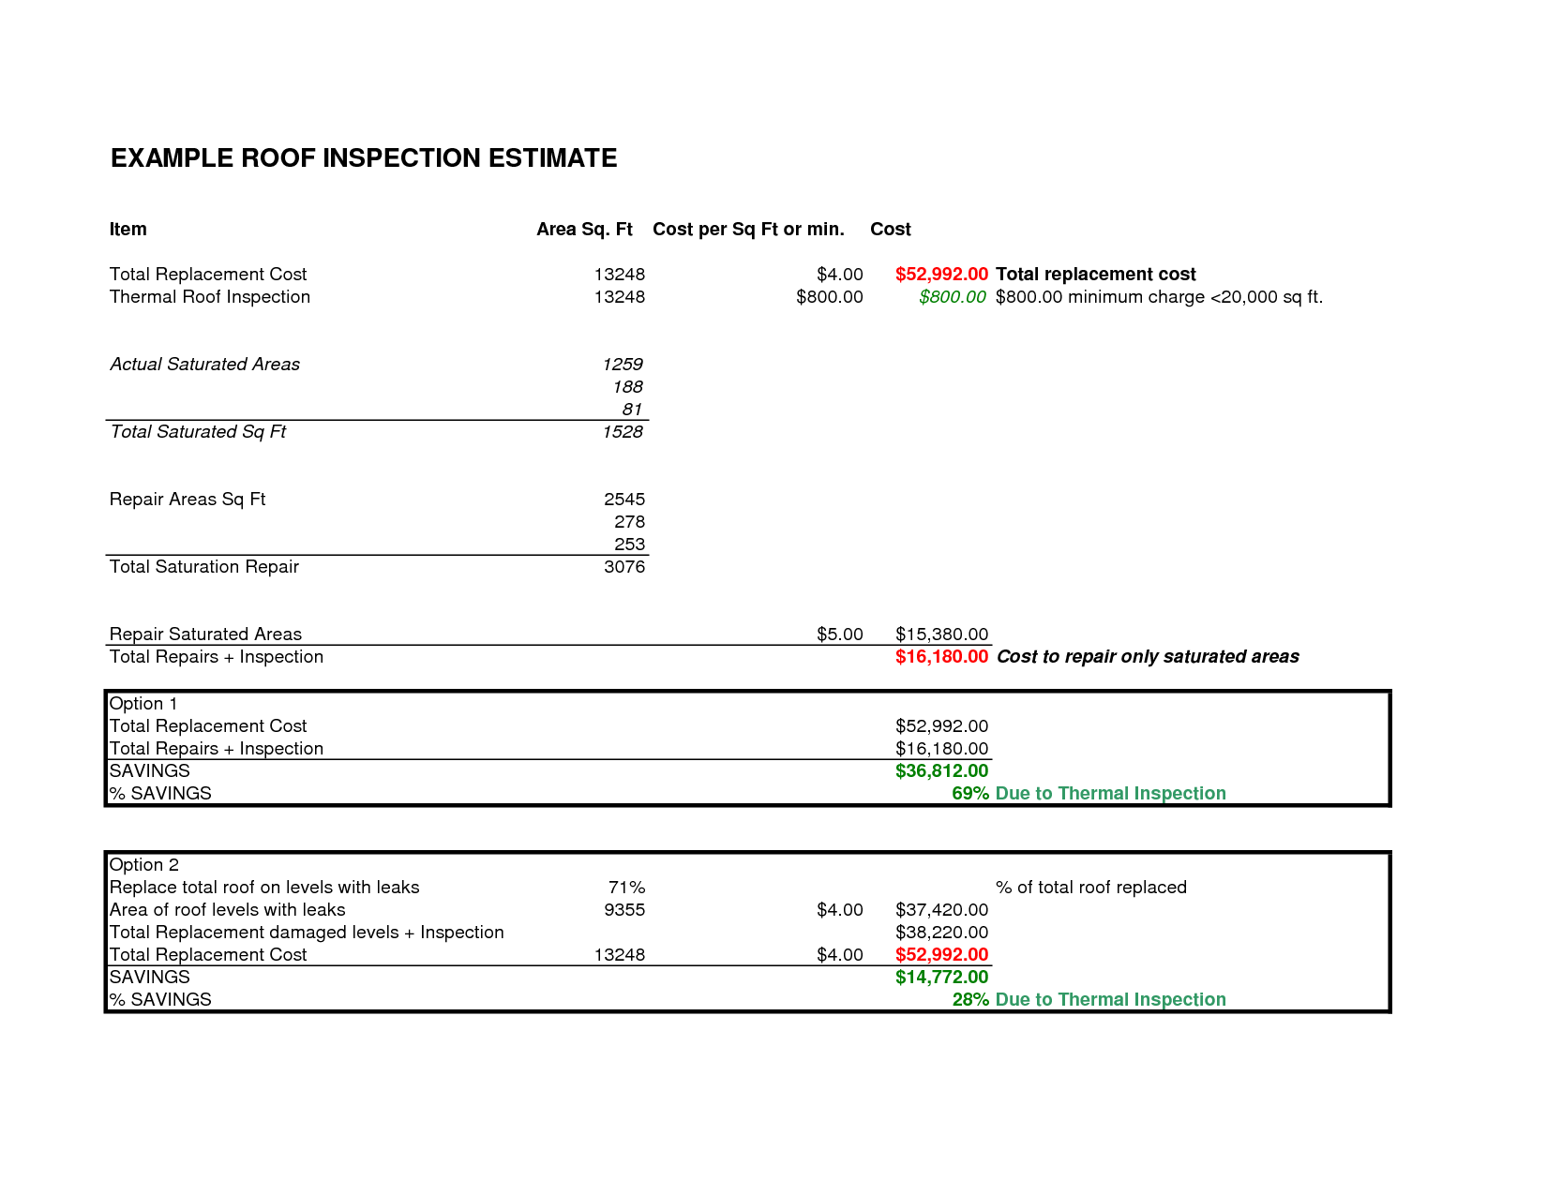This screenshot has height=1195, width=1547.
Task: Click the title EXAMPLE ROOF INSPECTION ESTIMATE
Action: coord(364,158)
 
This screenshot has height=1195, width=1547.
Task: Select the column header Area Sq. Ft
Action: coord(584,230)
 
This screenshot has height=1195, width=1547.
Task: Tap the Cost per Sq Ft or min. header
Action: coord(748,230)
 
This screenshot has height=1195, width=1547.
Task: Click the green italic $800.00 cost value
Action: coord(952,297)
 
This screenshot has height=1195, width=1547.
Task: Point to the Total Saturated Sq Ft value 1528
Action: coord(623,432)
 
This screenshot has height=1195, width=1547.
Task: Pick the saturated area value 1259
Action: coord(623,365)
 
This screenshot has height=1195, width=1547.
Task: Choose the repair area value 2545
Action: coord(624,500)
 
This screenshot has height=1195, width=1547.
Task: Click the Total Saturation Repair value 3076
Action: coord(624,567)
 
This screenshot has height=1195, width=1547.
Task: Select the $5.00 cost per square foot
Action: coord(839,635)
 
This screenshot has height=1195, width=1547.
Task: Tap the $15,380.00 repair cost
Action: coord(941,635)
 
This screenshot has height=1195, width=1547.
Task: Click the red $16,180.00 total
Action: coord(941,657)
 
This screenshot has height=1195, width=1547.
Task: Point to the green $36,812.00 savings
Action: coord(941,771)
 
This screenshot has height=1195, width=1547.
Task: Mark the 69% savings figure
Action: coord(970,794)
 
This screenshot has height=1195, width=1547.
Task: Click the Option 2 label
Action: coord(144,865)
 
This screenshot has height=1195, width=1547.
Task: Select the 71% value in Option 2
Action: coord(626,888)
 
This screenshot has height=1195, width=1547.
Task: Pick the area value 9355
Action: coord(624,910)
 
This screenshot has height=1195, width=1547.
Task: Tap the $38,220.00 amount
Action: coord(941,933)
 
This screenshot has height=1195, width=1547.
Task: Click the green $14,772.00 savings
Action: coord(941,978)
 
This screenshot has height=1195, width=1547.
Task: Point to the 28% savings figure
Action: coord(970,1000)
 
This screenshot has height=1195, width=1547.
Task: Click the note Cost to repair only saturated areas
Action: coord(1148,657)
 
